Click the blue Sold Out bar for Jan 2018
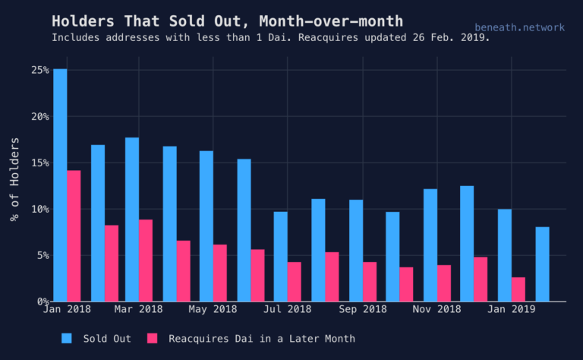coord(60,185)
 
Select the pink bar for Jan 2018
coord(74,236)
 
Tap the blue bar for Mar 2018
coord(132,219)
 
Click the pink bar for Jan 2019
coord(518,289)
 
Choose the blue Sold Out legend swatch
coord(67,338)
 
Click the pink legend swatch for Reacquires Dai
coord(152,338)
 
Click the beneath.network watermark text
coord(519,27)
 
